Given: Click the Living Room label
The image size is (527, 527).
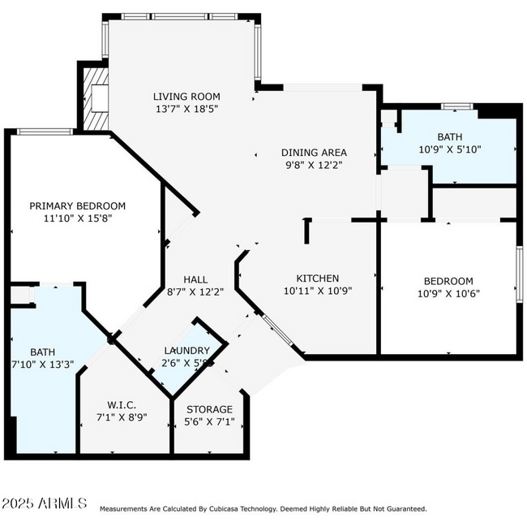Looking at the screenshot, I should (x=187, y=95).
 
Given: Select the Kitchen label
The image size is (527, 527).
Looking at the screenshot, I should (x=317, y=278).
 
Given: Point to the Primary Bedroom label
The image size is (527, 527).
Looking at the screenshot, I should (x=78, y=205).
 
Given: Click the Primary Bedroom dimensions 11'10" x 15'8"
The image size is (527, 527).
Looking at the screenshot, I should (x=78, y=218).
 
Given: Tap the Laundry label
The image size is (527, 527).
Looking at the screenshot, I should (x=186, y=351).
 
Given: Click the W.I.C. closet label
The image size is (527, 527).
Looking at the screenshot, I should (x=121, y=404).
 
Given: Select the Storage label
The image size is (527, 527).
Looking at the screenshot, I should (x=209, y=409).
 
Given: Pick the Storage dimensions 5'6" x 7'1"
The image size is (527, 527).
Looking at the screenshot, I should (x=209, y=422).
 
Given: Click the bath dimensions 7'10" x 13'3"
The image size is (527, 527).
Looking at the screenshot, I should (x=43, y=365).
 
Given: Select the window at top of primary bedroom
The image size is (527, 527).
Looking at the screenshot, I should (x=45, y=132).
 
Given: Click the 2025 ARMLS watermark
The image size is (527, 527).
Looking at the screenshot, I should (x=44, y=505).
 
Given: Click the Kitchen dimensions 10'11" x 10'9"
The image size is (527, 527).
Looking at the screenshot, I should (x=317, y=291).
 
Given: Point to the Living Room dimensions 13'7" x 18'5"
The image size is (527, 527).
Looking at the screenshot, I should (x=187, y=108).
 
